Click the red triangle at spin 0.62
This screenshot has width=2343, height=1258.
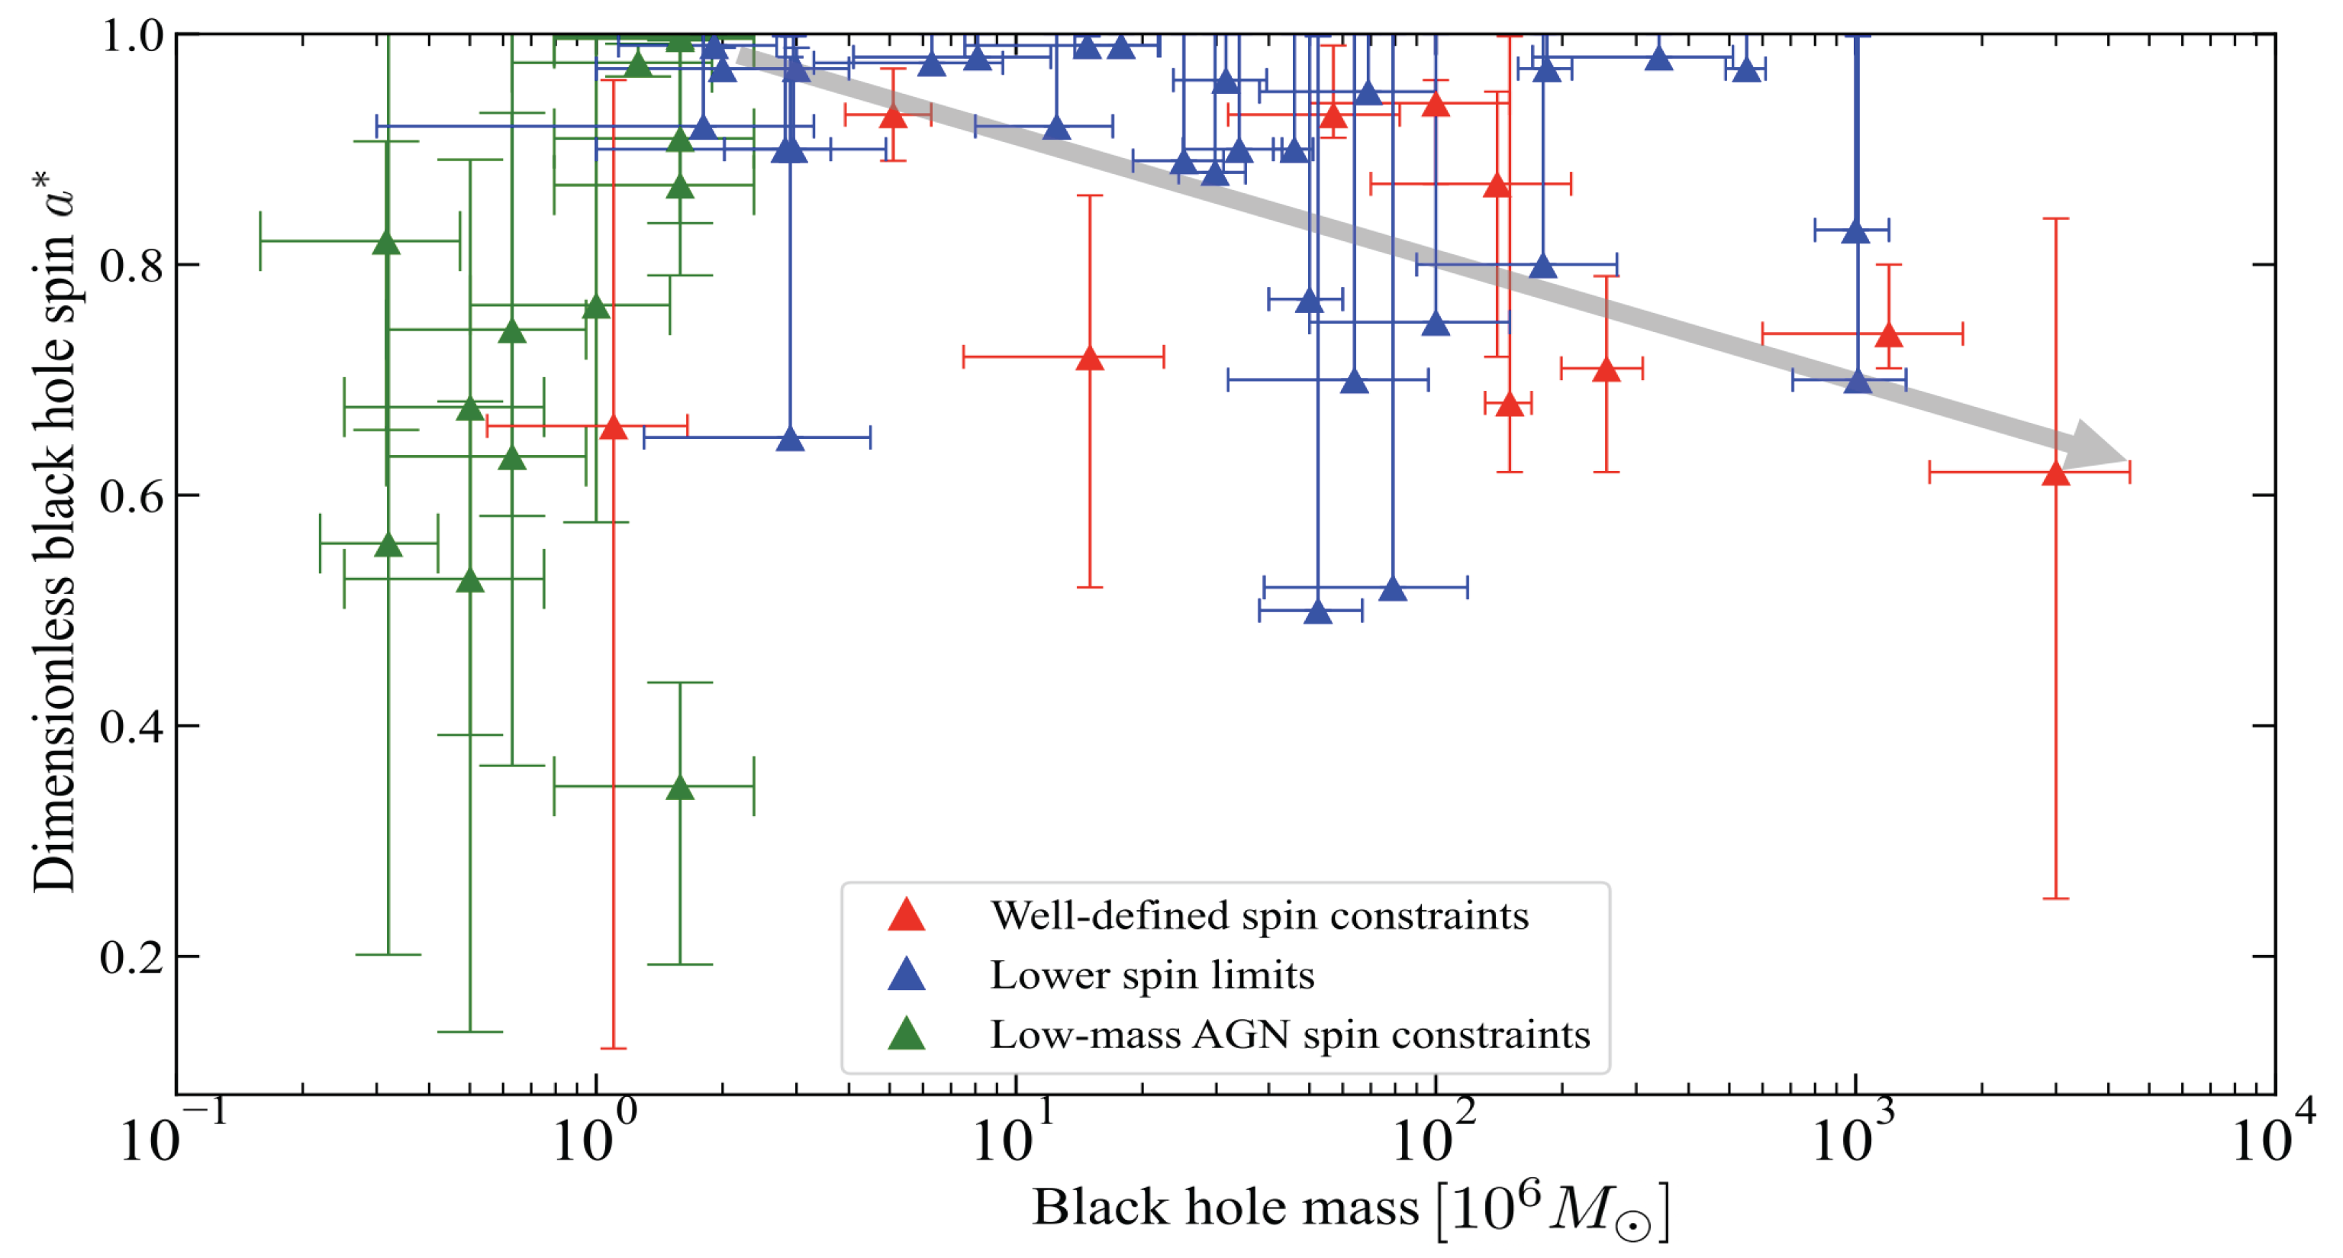pyautogui.click(x=2055, y=474)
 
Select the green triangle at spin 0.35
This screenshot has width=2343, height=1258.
pyautogui.click(x=679, y=788)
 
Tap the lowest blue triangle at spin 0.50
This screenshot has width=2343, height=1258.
pyautogui.click(x=1317, y=612)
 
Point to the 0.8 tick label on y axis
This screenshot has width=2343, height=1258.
pyautogui.click(x=132, y=266)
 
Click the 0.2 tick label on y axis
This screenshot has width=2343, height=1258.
pyautogui.click(x=132, y=957)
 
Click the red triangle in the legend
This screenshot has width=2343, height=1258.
pyautogui.click(x=906, y=916)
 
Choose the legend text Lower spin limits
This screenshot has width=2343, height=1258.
pyautogui.click(x=1152, y=975)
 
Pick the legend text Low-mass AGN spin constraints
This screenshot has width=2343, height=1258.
pyautogui.click(x=1289, y=1034)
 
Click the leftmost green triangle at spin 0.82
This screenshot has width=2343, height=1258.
pyautogui.click(x=387, y=243)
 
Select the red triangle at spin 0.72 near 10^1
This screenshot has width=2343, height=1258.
pyautogui.click(x=1089, y=358)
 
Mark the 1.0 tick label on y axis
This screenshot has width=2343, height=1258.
pyautogui.click(x=132, y=37)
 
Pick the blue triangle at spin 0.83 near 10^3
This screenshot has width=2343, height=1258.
pyautogui.click(x=1855, y=232)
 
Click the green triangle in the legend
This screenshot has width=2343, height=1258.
pyautogui.click(x=906, y=1034)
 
